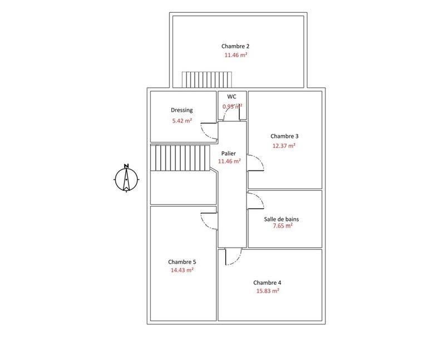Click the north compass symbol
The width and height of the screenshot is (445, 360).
point(126,178)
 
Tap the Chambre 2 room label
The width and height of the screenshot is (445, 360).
point(236,46)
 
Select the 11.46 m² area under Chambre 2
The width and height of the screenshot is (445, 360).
point(236,56)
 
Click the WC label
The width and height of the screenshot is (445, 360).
point(232,96)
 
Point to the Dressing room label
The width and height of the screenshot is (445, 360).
point(181,110)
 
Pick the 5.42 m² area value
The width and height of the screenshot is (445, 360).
point(182,120)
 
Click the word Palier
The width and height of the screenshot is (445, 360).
point(228,152)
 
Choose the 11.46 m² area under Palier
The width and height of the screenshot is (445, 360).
point(229,161)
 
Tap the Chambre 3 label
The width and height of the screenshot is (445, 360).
point(285,136)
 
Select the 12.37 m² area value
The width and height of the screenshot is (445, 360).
point(284,146)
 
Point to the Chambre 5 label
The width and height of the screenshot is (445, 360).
point(182,262)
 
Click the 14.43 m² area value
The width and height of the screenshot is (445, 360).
point(182,270)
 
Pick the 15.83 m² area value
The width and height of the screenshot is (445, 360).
point(268,290)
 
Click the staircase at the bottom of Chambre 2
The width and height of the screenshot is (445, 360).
point(206,80)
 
